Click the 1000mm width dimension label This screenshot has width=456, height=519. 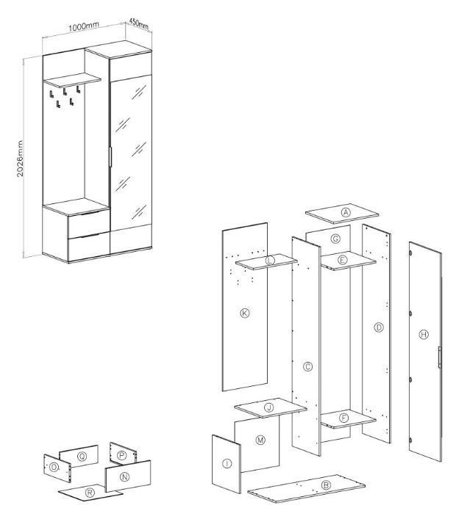pyautogui.click(x=84, y=27)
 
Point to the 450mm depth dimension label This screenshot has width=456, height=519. pyautogui.click(x=138, y=23)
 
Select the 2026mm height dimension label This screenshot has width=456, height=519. pyautogui.click(x=20, y=159)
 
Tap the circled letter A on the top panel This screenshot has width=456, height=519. pyautogui.click(x=346, y=212)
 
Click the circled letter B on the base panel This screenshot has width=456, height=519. pyautogui.click(x=326, y=485)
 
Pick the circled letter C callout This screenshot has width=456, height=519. pyautogui.click(x=308, y=367)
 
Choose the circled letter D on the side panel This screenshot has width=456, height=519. pyautogui.click(x=379, y=327)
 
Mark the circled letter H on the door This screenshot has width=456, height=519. pyautogui.click(x=424, y=335)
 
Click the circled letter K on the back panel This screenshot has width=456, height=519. pyautogui.click(x=245, y=313)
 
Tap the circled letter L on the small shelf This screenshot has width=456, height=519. pyautogui.click(x=270, y=261)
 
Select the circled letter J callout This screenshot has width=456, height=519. pyautogui.click(x=269, y=407)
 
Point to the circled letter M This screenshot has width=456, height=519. pyautogui.click(x=260, y=440)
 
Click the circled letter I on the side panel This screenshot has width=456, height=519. pyautogui.click(x=227, y=464)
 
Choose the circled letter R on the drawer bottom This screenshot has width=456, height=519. pyautogui.click(x=90, y=493)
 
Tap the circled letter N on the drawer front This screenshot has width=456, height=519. pyautogui.click(x=125, y=477)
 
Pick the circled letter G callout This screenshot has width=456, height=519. pyautogui.click(x=335, y=239)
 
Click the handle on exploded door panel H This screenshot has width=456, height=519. pyautogui.click(x=440, y=357)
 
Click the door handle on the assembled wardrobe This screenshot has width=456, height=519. pyautogui.click(x=111, y=156)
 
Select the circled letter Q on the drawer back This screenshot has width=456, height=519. pyautogui.click(x=82, y=457)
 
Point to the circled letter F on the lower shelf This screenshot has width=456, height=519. pyautogui.click(x=344, y=418)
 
